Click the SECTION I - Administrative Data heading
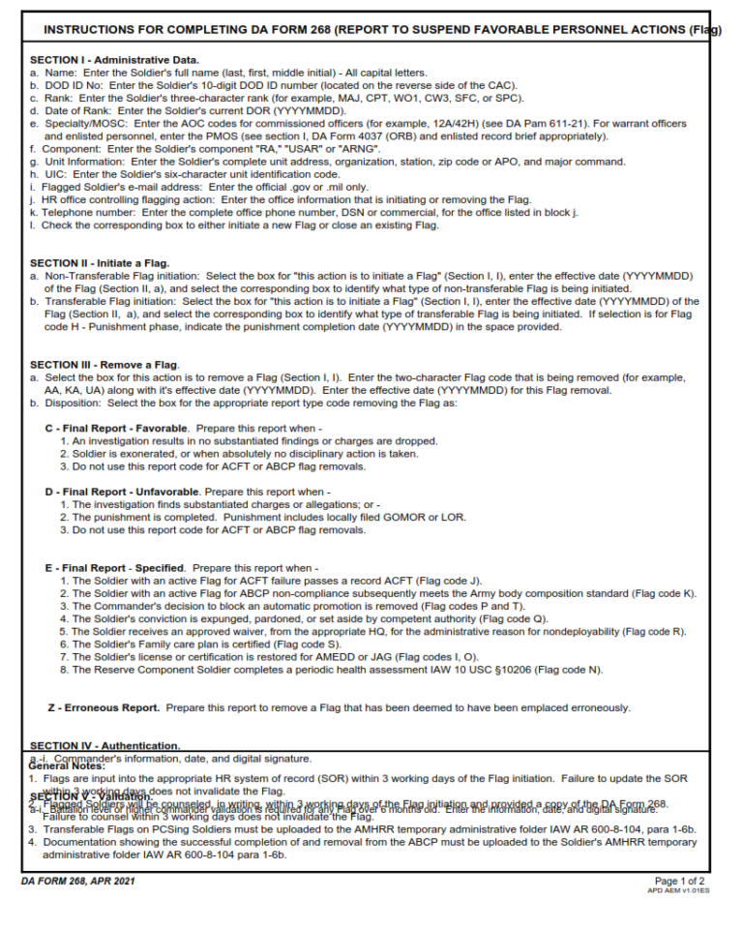[114, 60]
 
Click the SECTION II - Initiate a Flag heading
[100, 263]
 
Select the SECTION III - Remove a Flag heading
[104, 364]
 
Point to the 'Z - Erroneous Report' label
[104, 707]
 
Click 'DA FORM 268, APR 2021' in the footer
[77, 882]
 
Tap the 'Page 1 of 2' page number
[681, 882]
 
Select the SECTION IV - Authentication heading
[104, 746]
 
